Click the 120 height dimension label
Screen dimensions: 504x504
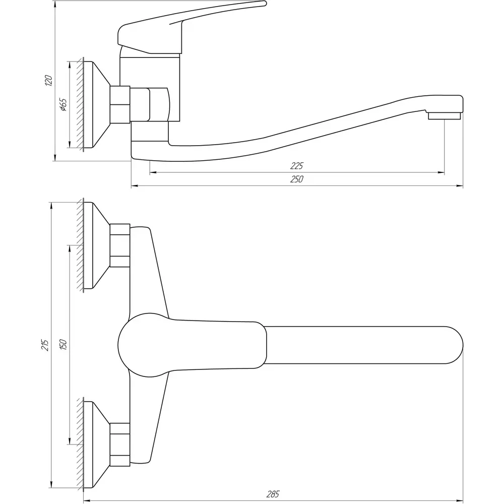[x=48, y=80]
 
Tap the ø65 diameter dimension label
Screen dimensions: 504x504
[x=64, y=105]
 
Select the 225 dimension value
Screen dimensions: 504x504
[x=296, y=166]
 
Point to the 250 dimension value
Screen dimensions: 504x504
[x=296, y=179]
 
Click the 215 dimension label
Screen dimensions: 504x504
[x=45, y=345]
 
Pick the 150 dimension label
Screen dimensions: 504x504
[x=63, y=345]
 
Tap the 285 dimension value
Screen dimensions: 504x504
[x=273, y=494]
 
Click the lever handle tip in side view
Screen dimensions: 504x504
[x=264, y=3]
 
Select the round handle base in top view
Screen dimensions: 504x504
[x=143, y=345]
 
